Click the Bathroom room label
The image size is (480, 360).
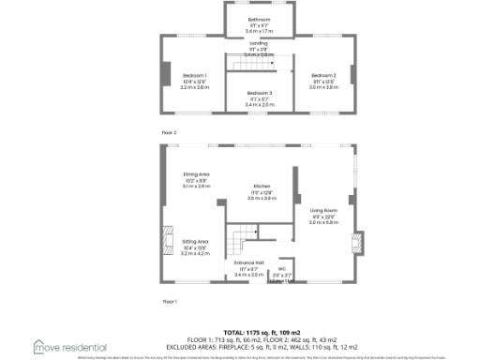pos(259,20)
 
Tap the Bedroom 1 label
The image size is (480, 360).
pos(195,74)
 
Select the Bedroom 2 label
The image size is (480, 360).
pos(323,74)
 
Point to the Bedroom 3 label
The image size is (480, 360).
pos(260,94)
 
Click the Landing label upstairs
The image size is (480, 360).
pos(260,43)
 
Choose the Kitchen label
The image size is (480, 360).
pos(262,187)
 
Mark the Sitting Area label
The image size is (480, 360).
pos(195,241)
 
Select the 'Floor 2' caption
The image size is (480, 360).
pos(169,133)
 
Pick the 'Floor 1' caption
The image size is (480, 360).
pos(169,301)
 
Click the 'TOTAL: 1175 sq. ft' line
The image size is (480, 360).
pos(241,332)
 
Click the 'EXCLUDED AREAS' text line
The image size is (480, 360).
pos(241,346)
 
